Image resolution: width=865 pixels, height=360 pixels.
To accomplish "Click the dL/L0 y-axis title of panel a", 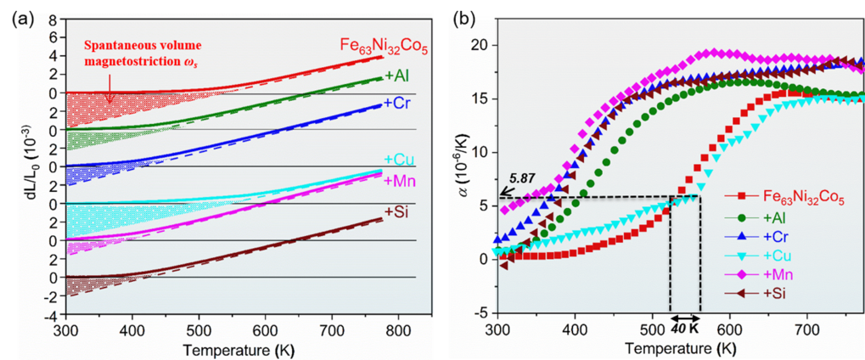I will click(18, 177).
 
